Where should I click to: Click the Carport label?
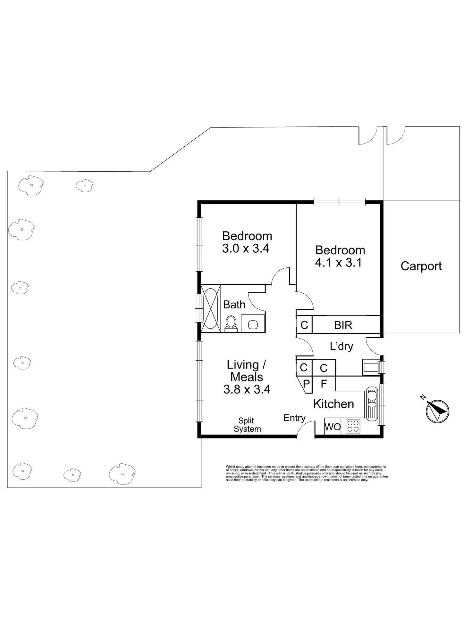click(x=421, y=266)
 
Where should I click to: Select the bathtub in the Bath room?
click(x=210, y=308)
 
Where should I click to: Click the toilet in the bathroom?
click(x=231, y=322)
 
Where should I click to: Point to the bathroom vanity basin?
click(x=253, y=324)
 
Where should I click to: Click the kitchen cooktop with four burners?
click(x=353, y=427)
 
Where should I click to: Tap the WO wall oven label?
click(x=333, y=427)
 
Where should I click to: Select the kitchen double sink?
click(x=372, y=404)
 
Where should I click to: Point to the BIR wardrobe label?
click(x=343, y=325)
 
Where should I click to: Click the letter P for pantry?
click(x=306, y=383)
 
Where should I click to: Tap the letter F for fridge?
click(x=324, y=383)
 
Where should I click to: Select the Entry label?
click(x=294, y=418)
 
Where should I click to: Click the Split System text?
click(x=247, y=425)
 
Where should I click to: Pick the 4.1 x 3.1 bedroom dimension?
click(x=338, y=263)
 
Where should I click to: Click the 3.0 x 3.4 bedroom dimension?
click(x=246, y=249)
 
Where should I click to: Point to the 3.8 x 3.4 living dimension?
click(x=247, y=389)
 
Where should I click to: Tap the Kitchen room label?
click(x=333, y=404)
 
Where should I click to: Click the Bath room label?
click(x=234, y=305)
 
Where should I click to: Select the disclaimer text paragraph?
click(x=307, y=473)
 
